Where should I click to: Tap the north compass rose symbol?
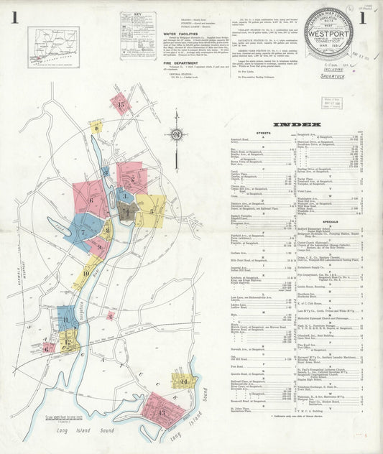click(x=175, y=134)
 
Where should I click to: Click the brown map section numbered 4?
click(x=127, y=211)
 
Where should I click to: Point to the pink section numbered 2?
click(x=131, y=177)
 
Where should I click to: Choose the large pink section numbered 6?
click(x=90, y=200)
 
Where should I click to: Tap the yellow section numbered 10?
click(x=86, y=272)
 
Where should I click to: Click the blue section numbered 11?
click(x=68, y=319)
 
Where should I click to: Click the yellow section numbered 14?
click(x=184, y=380)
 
